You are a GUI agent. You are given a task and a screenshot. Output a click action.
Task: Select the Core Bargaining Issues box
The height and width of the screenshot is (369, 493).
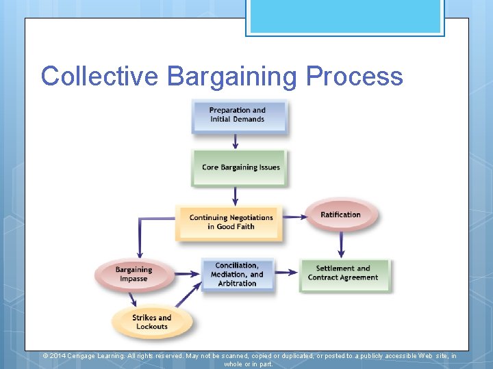tap(239, 167)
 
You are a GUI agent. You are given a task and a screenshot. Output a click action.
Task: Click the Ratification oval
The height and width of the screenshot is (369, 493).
tap(340, 215)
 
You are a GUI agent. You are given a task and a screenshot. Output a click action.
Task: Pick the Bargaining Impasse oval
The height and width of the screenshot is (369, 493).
tap(134, 274)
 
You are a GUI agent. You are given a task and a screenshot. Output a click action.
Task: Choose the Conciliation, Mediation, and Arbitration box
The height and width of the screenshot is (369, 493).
tap(237, 275)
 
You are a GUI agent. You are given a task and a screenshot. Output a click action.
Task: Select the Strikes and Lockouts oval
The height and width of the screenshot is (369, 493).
tap(152, 322)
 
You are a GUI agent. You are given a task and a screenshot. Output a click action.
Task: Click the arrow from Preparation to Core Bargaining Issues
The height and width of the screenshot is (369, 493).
tap(236, 141)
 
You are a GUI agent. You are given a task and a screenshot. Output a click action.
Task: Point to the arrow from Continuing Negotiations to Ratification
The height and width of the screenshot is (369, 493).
tap(293, 217)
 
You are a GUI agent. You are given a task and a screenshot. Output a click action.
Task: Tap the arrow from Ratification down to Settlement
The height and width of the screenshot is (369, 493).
tap(342, 245)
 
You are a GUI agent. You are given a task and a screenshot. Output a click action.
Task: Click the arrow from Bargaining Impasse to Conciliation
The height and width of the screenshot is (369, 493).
tap(186, 273)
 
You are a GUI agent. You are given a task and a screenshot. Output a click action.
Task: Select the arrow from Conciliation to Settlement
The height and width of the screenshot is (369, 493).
tap(287, 273)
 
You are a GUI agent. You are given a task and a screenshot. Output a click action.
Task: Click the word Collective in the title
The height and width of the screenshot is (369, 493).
tap(99, 76)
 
